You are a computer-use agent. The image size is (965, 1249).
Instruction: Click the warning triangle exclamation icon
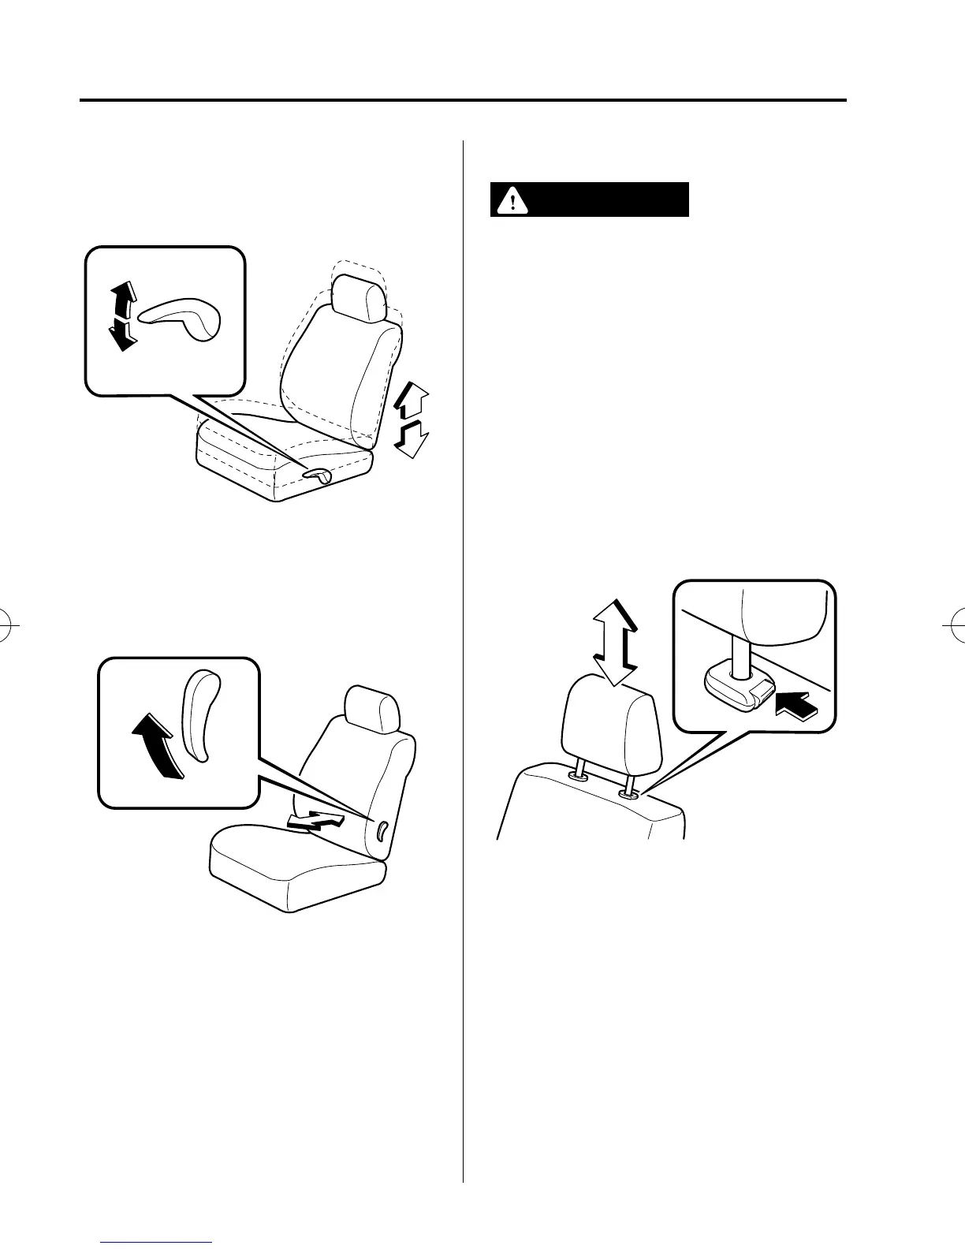pos(513,200)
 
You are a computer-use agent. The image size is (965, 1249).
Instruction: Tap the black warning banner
pos(590,200)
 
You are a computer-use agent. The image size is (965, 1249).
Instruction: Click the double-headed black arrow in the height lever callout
pos(122,317)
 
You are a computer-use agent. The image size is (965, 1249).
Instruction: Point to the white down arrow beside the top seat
pos(409,438)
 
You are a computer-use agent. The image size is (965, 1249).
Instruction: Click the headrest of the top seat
pos(359,297)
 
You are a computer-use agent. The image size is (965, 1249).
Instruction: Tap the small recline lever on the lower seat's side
pos(381,830)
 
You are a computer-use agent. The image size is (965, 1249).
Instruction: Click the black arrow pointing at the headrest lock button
pos(797,703)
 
